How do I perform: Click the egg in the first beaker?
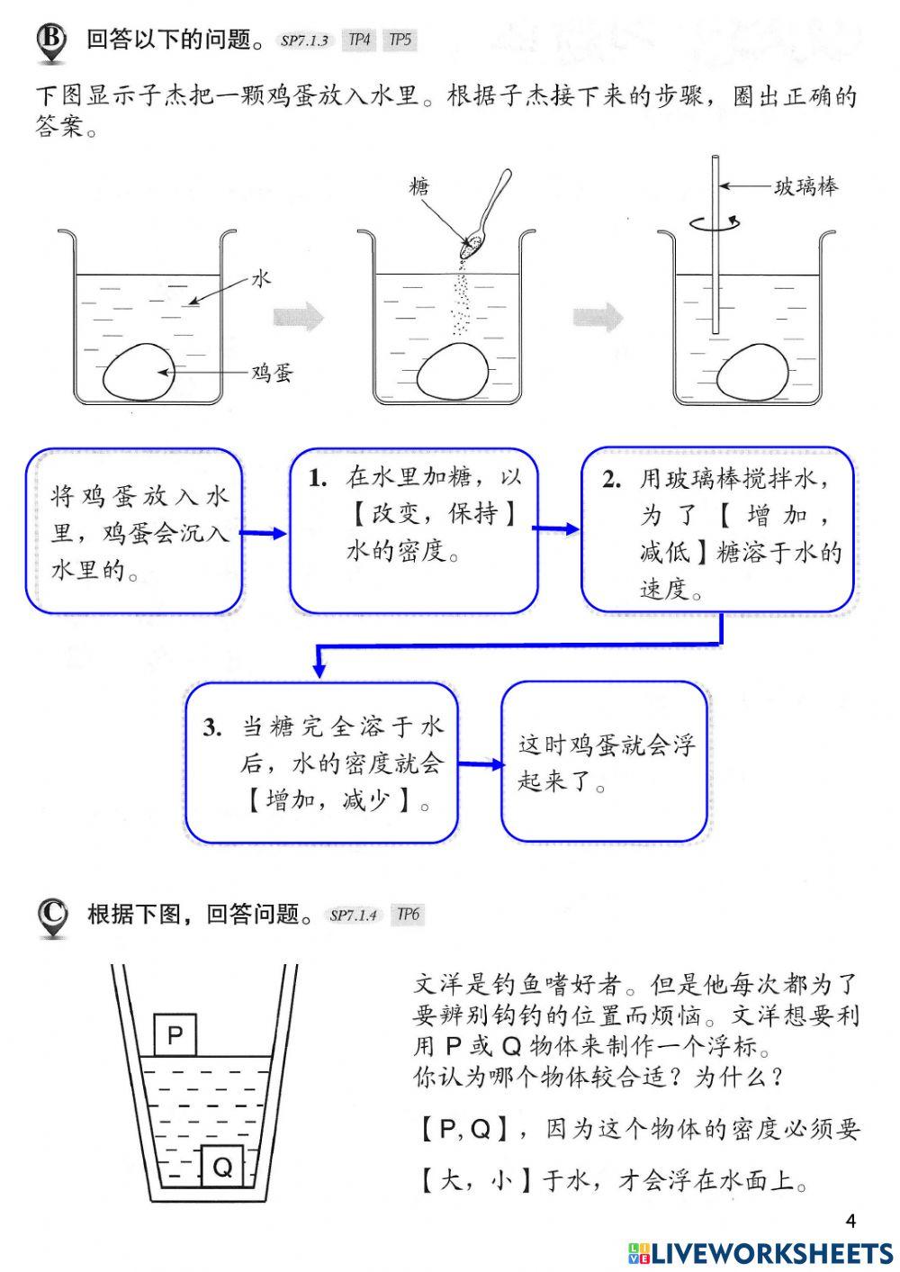[x=139, y=372]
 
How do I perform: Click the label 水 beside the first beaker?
[x=260, y=279]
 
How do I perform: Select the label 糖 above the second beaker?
[x=418, y=186]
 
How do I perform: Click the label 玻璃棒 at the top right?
[x=805, y=186]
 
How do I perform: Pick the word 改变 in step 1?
[x=395, y=514]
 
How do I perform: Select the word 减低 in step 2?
[x=665, y=552]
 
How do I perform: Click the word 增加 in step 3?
[x=289, y=799]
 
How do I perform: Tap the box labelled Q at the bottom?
[x=221, y=1168]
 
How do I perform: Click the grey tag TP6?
[x=408, y=915]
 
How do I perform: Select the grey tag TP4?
[x=359, y=41]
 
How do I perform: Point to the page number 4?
[x=850, y=1221]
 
